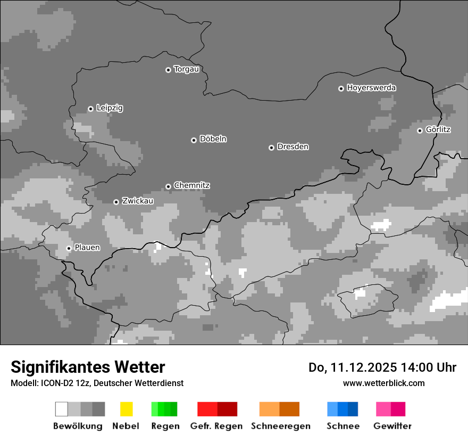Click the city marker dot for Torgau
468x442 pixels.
pyautogui.click(x=168, y=70)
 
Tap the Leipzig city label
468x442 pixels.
pyautogui.click(x=110, y=108)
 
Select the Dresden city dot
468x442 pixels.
pyautogui.click(x=271, y=148)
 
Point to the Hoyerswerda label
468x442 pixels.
pyautogui.click(x=371, y=88)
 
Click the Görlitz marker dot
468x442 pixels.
pyautogui.click(x=420, y=130)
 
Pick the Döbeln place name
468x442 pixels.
pyautogui.click(x=213, y=139)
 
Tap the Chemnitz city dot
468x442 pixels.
pyautogui.click(x=168, y=186)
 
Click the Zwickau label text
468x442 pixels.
pyautogui.click(x=138, y=201)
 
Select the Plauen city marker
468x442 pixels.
pyautogui.click(x=69, y=248)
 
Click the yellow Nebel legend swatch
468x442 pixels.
pyautogui.click(x=126, y=409)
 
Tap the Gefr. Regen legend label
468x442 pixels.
pyautogui.click(x=216, y=426)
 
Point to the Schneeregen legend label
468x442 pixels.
pyautogui.click(x=280, y=426)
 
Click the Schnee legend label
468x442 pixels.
pyautogui.click(x=342, y=426)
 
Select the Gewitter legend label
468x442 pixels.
pyautogui.click(x=392, y=426)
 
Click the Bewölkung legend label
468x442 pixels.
pyautogui.click(x=78, y=426)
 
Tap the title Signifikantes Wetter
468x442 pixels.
pyautogui.click(x=88, y=367)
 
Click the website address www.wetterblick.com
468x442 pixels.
pyautogui.click(x=384, y=383)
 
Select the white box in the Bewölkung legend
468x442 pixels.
pyautogui.click(x=62, y=409)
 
